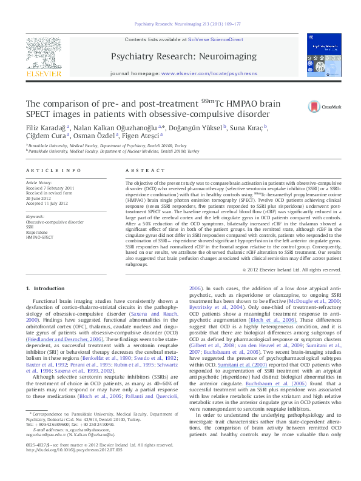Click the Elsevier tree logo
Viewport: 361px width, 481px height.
point(44,55)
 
